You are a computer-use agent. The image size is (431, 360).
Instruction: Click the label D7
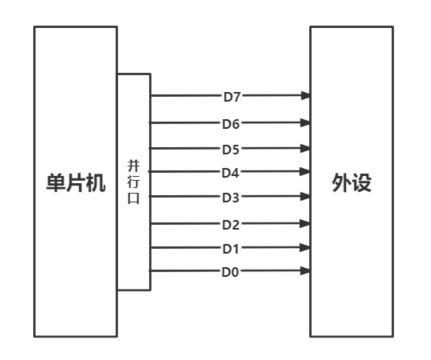(x=232, y=97)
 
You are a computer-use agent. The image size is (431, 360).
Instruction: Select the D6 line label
(x=232, y=124)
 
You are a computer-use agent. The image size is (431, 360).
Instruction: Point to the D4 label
(x=232, y=172)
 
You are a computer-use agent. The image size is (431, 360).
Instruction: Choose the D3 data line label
(x=232, y=197)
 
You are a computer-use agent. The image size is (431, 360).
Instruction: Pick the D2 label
(x=232, y=224)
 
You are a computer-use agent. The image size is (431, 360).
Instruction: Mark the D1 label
(x=232, y=247)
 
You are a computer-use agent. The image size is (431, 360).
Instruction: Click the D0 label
(x=232, y=270)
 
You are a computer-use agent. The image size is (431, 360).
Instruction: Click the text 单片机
(x=74, y=185)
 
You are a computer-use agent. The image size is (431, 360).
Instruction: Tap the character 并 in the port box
(x=133, y=163)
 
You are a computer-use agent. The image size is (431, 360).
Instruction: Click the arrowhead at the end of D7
(x=304, y=97)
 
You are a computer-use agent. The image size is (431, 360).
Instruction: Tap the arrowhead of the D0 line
(x=304, y=270)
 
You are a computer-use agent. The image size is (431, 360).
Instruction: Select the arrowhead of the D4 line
(x=304, y=172)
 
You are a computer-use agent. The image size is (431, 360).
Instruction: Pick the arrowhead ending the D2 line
(x=304, y=224)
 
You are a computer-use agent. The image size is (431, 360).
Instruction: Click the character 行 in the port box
(x=133, y=180)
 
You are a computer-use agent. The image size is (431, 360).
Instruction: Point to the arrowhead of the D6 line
(x=304, y=124)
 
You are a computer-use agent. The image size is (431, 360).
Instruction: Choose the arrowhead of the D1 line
(x=304, y=247)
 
